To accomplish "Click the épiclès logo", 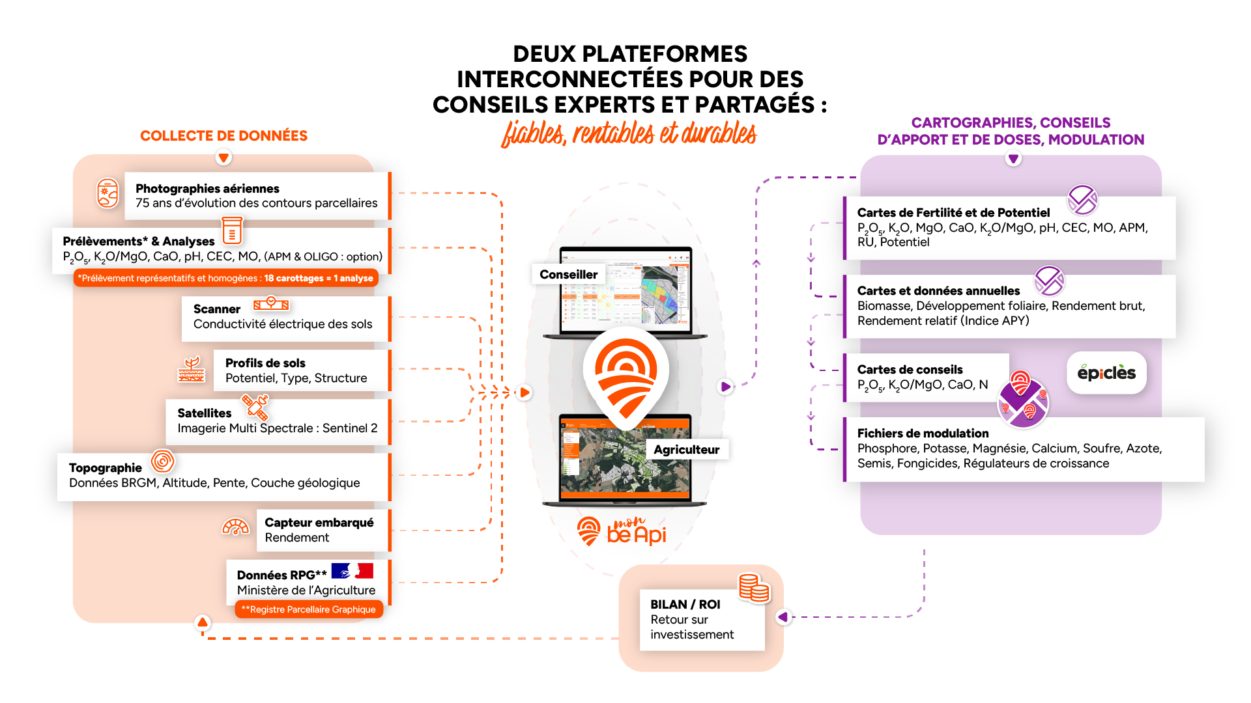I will [x=1106, y=373].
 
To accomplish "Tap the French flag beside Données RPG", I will [x=352, y=571].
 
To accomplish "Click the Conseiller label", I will [x=568, y=275].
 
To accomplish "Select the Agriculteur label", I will [x=686, y=450].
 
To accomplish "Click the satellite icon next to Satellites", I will [x=255, y=407].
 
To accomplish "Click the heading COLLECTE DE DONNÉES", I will [x=223, y=136].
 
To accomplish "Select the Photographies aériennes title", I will [x=207, y=189].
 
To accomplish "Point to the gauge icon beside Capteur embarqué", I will [x=236, y=527].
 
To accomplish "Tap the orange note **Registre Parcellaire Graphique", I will [x=309, y=610].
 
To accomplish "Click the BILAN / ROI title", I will [x=685, y=605].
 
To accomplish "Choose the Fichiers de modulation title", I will [x=923, y=434].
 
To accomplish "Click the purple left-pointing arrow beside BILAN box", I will [x=783, y=616].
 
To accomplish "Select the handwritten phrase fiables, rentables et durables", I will [x=629, y=133].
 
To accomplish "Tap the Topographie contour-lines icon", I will [x=163, y=461].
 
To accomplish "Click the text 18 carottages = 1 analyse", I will [x=318, y=279].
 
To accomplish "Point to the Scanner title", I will [x=217, y=309].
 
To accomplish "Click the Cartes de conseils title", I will [x=910, y=370].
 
